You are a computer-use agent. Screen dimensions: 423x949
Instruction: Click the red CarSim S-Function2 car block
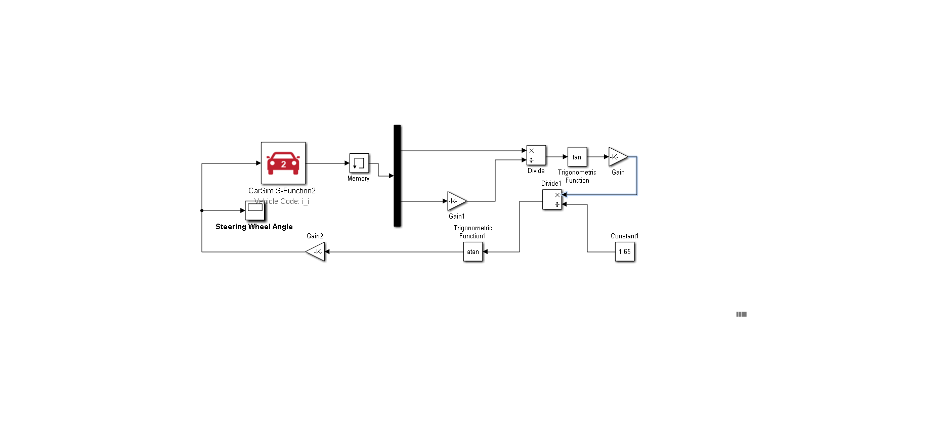pyautogui.click(x=283, y=163)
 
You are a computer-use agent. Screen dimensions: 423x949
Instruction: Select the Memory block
pyautogui.click(x=359, y=163)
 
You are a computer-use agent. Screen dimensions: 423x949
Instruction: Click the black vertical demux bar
pyautogui.click(x=397, y=176)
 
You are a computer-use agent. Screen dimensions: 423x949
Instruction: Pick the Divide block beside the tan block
pyautogui.click(x=536, y=155)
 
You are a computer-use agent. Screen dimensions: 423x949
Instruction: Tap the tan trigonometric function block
pyautogui.click(x=577, y=157)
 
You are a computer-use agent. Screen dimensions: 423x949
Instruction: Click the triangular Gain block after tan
pyautogui.click(x=617, y=157)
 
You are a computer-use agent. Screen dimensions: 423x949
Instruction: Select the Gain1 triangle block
pyautogui.click(x=456, y=201)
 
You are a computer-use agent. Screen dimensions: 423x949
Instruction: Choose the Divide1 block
pyautogui.click(x=552, y=199)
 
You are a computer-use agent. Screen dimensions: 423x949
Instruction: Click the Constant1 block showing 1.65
pyautogui.click(x=625, y=251)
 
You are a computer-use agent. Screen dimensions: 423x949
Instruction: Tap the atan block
pyautogui.click(x=473, y=251)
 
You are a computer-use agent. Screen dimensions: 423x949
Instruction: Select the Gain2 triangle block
pyautogui.click(x=316, y=251)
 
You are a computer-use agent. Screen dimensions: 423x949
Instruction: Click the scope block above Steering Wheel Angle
pyautogui.click(x=255, y=210)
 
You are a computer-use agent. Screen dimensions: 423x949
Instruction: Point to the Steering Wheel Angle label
pyautogui.click(x=254, y=227)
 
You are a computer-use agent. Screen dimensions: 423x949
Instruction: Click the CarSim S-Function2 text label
pyautogui.click(x=282, y=191)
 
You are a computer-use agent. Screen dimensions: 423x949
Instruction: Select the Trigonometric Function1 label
pyautogui.click(x=472, y=232)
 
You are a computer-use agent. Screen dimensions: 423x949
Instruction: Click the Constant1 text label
pyautogui.click(x=624, y=236)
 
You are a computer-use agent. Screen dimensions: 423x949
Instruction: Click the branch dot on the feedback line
pyautogui.click(x=202, y=210)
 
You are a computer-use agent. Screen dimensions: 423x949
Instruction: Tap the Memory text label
pyautogui.click(x=358, y=179)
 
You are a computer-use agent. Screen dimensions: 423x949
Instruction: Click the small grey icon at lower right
pyautogui.click(x=742, y=314)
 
